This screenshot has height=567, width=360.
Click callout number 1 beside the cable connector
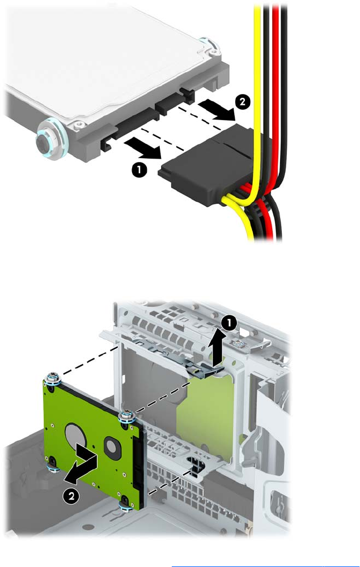click(x=139, y=169)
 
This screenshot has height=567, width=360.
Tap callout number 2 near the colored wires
click(x=242, y=101)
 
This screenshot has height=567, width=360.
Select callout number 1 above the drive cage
click(x=229, y=323)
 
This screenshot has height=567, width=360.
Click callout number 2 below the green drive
click(x=71, y=496)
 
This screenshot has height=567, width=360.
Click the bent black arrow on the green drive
click(x=82, y=464)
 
